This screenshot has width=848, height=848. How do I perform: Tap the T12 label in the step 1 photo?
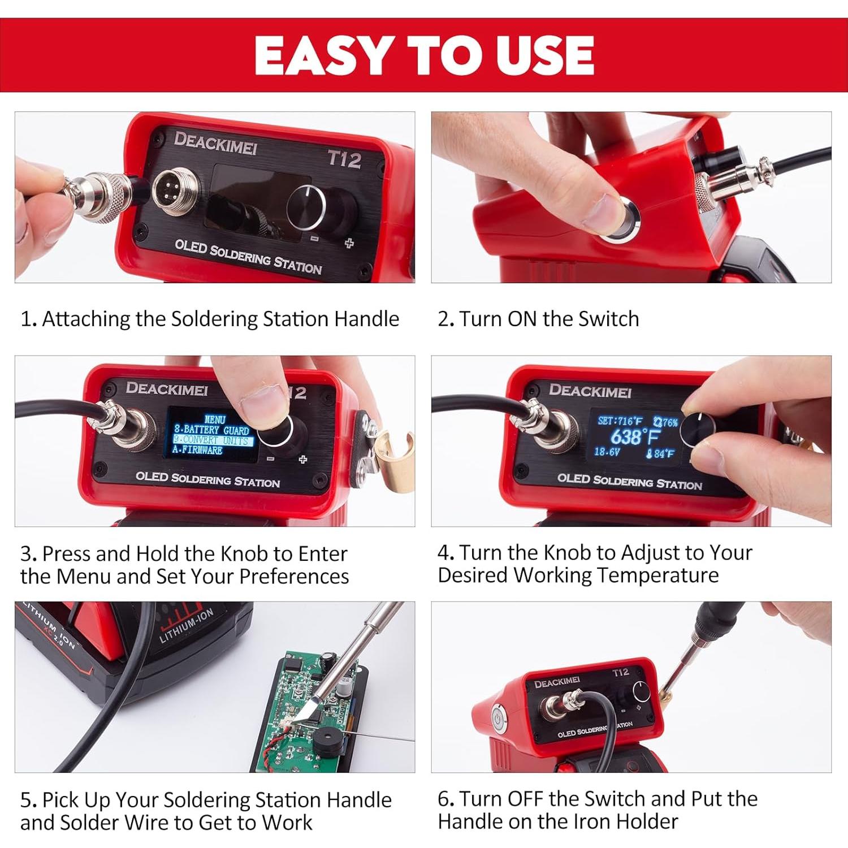[344, 159]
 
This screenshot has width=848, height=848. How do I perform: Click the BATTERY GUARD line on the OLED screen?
[211, 430]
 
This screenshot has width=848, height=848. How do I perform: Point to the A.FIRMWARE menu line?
[197, 451]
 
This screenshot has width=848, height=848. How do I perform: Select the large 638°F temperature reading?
[635, 437]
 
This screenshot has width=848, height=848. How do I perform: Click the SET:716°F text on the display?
[620, 421]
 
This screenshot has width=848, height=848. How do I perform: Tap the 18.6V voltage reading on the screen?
[607, 452]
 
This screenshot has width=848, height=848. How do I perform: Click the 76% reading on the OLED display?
[665, 422]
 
